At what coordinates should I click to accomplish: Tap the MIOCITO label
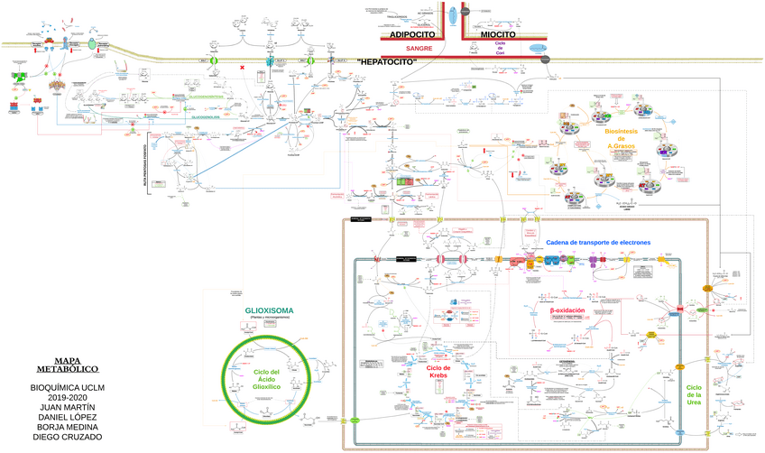point(498,34)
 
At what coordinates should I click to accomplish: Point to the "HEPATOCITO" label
point(386,61)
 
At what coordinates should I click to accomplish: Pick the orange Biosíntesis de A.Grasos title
point(622,138)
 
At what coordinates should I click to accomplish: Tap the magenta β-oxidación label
point(567,310)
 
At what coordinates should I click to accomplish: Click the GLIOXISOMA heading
point(269,311)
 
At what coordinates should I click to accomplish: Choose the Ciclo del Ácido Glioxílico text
point(267,379)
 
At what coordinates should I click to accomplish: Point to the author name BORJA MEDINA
point(67,427)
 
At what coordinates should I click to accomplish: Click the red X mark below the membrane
point(241,68)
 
